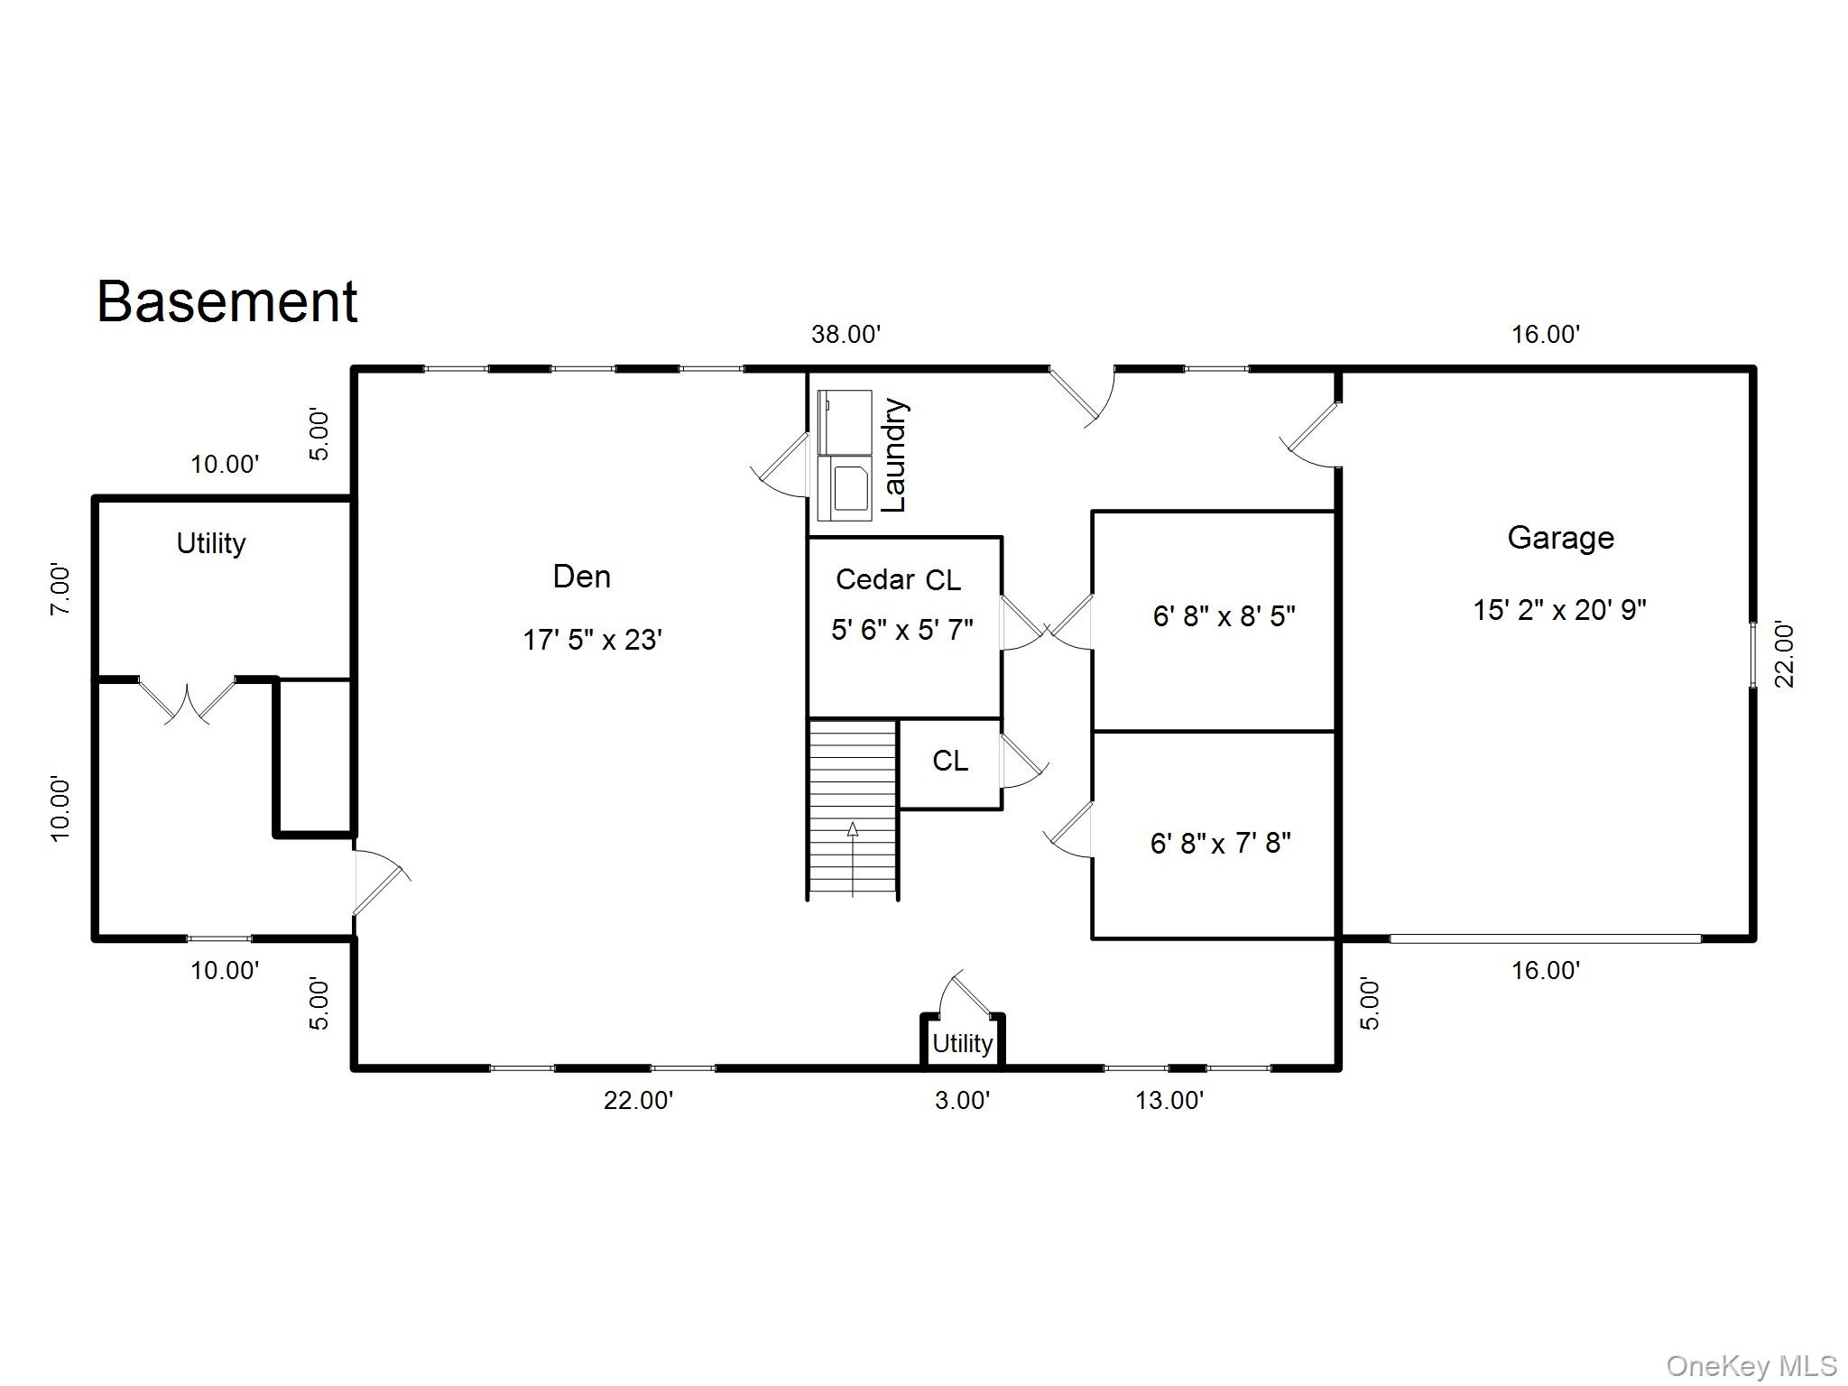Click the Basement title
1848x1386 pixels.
pos(227,301)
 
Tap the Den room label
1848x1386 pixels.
pos(582,577)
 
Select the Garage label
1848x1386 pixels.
pos(1561,538)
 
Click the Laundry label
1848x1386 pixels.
pos(894,455)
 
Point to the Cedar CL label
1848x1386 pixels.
pos(899,579)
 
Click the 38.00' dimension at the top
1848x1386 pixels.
pos(845,335)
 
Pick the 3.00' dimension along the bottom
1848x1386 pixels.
pos(963,1101)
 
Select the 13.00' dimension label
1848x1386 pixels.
pos(1169,1101)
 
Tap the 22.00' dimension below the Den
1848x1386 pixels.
pos(639,1101)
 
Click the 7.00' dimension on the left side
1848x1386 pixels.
pos(60,589)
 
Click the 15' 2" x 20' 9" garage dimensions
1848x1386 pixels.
pos(1560,610)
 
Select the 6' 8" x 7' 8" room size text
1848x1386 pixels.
pos(1221,844)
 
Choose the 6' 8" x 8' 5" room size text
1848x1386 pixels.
pos(1224,616)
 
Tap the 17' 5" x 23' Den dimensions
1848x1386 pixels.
pos(593,640)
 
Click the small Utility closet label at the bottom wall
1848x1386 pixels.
pos(963,1044)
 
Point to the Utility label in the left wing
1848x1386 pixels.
pos(211,544)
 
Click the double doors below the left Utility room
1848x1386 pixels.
pos(187,702)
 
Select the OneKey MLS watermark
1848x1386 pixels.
pos(1751,1365)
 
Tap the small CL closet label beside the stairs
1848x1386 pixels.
pos(950,761)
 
